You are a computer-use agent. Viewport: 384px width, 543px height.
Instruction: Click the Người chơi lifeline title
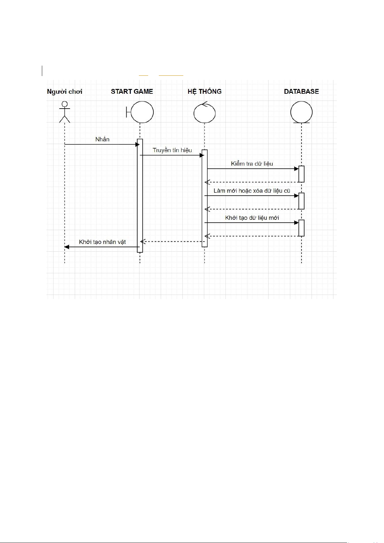64,92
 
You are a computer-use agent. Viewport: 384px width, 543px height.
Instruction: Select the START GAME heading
132,92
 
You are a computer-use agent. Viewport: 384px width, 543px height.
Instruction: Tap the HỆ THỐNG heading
205,92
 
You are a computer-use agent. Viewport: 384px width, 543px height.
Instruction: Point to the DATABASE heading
302,92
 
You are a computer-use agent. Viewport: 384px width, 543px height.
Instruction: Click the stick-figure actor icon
65,112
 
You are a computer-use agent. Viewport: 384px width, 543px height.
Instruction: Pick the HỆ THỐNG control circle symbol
205,112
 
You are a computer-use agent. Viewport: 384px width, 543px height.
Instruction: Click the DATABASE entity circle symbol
302,112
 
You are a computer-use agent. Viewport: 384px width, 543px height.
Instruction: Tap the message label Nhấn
102,139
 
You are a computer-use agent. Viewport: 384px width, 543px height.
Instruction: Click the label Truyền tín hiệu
172,150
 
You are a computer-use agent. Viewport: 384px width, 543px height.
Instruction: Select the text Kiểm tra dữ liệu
252,164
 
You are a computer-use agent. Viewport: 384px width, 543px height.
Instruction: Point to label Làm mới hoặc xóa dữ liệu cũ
252,191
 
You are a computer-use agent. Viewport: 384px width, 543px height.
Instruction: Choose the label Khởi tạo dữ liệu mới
252,218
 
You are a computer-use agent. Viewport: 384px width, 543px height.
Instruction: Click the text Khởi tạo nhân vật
102,242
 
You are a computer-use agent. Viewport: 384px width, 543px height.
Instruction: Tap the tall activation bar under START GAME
140,196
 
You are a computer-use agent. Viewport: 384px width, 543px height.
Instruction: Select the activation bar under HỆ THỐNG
205,198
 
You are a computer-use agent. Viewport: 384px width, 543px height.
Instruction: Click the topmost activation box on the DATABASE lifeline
302,174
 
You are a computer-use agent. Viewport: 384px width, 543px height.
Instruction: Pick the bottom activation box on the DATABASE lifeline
302,228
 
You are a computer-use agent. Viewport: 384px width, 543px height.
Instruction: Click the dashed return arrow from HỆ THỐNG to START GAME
172,241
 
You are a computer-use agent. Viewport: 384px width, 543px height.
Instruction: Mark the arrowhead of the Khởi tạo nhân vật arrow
67,247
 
